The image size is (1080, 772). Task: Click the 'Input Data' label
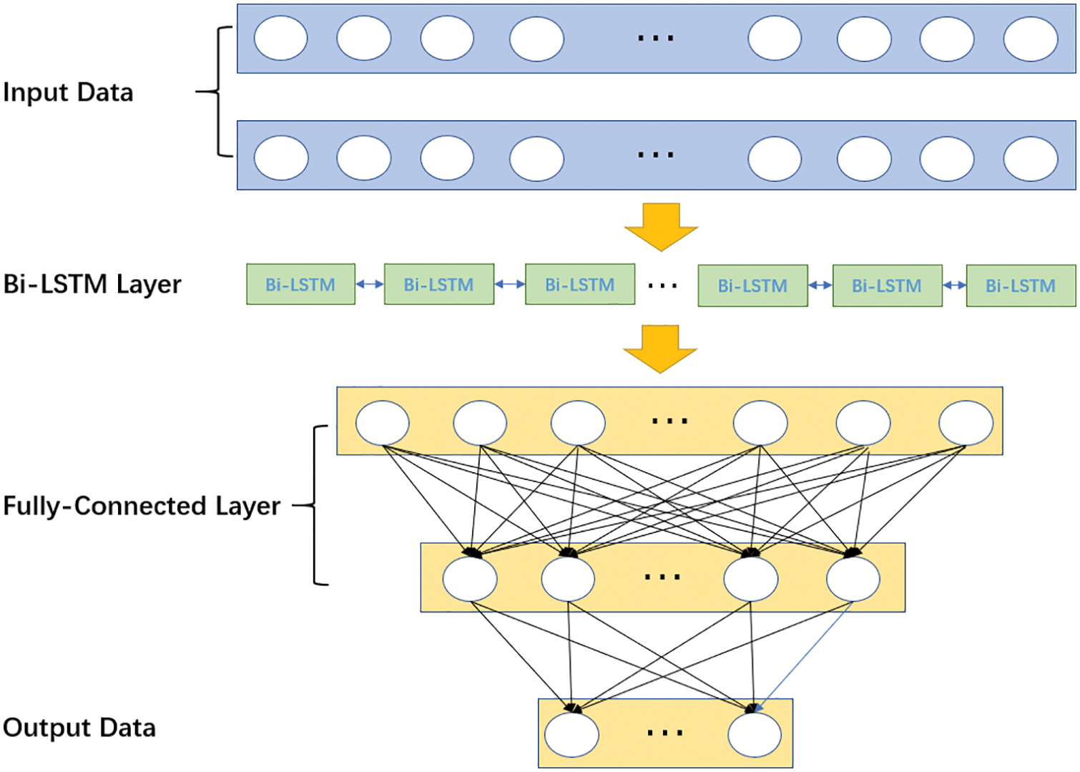pyautogui.click(x=68, y=92)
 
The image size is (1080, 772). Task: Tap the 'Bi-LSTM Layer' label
pyautogui.click(x=92, y=284)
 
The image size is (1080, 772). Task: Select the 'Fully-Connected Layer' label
pyautogui.click(x=142, y=507)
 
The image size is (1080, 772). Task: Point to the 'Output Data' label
pyautogui.click(x=79, y=728)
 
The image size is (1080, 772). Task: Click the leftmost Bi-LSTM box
pyautogui.click(x=301, y=284)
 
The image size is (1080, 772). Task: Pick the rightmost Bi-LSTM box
pyautogui.click(x=1021, y=285)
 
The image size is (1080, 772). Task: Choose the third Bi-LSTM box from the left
pyautogui.click(x=580, y=284)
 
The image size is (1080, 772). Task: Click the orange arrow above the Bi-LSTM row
pyautogui.click(x=661, y=227)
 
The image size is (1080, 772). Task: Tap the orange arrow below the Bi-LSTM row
pyautogui.click(x=660, y=349)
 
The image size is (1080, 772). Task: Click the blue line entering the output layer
pyautogui.click(x=804, y=657)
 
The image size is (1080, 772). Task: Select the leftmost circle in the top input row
pyautogui.click(x=280, y=38)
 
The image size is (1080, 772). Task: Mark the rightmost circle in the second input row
pyautogui.click(x=1031, y=159)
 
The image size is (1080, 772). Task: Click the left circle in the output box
pyautogui.click(x=571, y=735)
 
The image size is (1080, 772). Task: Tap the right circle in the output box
pyautogui.click(x=755, y=735)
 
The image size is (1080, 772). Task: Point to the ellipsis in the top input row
pyautogui.click(x=656, y=38)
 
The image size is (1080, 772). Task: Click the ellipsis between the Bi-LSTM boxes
pyautogui.click(x=663, y=286)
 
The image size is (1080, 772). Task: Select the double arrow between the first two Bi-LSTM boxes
pyautogui.click(x=370, y=284)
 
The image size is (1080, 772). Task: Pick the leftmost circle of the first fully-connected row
pyautogui.click(x=383, y=423)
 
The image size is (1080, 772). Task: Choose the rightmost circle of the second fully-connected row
pyautogui.click(x=853, y=579)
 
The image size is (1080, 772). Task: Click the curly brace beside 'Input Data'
pyautogui.click(x=215, y=92)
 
